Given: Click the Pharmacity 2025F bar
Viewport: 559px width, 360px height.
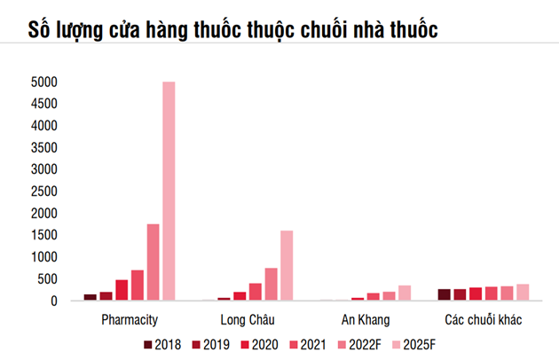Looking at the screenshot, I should (169, 191).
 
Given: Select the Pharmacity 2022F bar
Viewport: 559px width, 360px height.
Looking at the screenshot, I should (153, 262).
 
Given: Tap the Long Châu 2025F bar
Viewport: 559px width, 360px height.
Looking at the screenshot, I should (287, 266).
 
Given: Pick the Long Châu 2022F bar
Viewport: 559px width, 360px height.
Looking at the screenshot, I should (271, 285).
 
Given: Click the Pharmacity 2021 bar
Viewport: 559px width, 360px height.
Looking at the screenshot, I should (138, 286).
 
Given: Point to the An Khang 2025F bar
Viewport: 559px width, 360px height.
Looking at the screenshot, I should (405, 293).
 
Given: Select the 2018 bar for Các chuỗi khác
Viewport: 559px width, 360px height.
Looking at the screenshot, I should (445, 295).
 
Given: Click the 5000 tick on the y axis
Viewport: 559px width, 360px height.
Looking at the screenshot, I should (43, 82).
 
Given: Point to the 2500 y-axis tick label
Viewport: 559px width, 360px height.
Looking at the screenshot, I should (43, 192).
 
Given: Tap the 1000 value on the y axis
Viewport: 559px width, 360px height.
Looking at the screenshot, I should (43, 257).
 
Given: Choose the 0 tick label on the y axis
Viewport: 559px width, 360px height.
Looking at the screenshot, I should (53, 301).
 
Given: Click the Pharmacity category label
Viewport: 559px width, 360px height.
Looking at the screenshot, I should (130, 318).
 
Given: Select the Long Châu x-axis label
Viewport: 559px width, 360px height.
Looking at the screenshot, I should (248, 318).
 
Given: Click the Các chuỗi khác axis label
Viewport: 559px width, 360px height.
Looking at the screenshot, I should (483, 318).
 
